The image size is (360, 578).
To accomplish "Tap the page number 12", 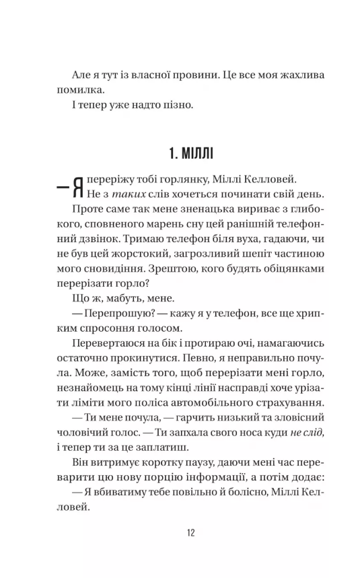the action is coord(180,534).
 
